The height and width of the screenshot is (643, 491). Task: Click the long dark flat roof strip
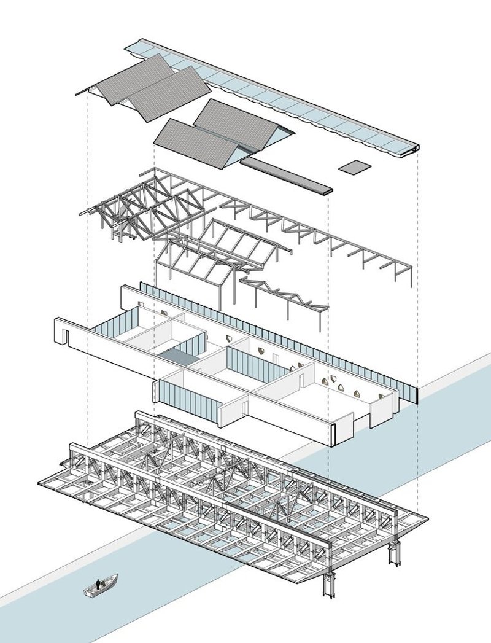point(286,174)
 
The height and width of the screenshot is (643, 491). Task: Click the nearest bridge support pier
point(330,580)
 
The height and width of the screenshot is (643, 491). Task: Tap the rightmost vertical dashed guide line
point(418,307)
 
